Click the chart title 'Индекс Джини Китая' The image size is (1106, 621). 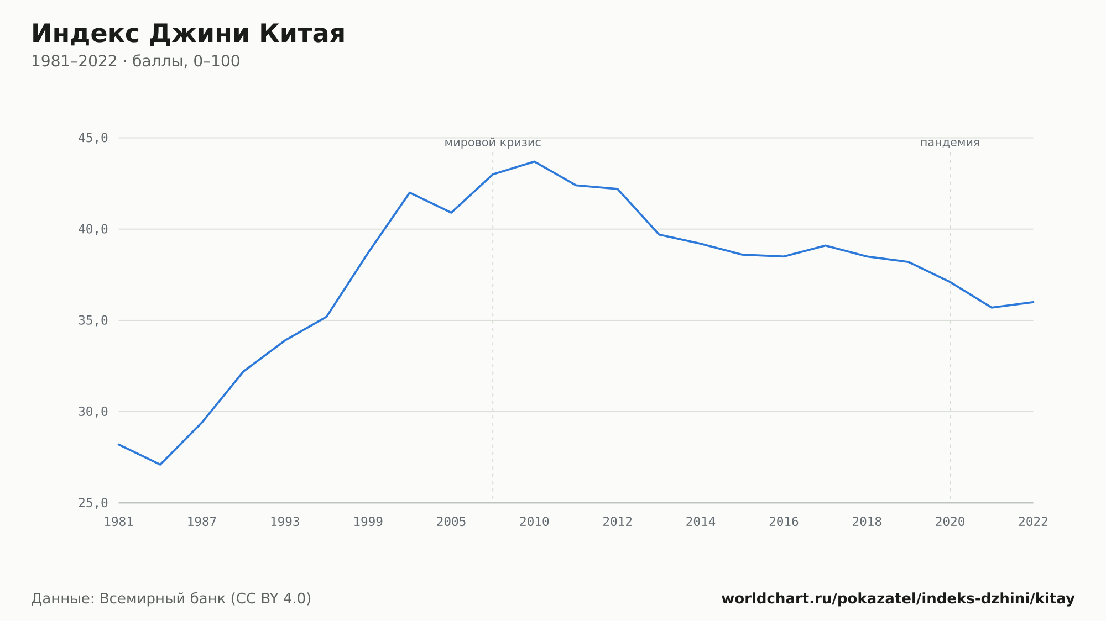tap(188, 34)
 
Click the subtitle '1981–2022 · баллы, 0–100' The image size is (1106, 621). tap(135, 61)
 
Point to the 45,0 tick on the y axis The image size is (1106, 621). tap(93, 138)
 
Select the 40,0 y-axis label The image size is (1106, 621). tap(93, 229)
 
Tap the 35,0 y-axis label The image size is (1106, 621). tap(93, 320)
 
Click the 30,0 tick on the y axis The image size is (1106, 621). tap(93, 412)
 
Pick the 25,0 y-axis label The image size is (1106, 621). tap(93, 503)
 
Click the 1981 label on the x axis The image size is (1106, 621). tap(119, 522)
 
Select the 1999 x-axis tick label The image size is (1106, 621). tap(368, 522)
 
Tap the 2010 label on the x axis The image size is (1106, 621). tap(534, 522)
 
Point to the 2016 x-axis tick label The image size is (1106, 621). tap(784, 522)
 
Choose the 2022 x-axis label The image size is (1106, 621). tap(1033, 522)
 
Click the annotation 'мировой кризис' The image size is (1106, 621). tap(493, 143)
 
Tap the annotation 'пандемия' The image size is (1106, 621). tap(950, 143)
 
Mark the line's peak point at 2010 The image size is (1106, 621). tap(534, 161)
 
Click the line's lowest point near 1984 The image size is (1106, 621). tap(160, 465)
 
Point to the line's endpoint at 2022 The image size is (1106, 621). tap(1033, 302)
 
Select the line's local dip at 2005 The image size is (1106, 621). tap(451, 213)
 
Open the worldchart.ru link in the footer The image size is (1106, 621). tap(898, 599)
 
